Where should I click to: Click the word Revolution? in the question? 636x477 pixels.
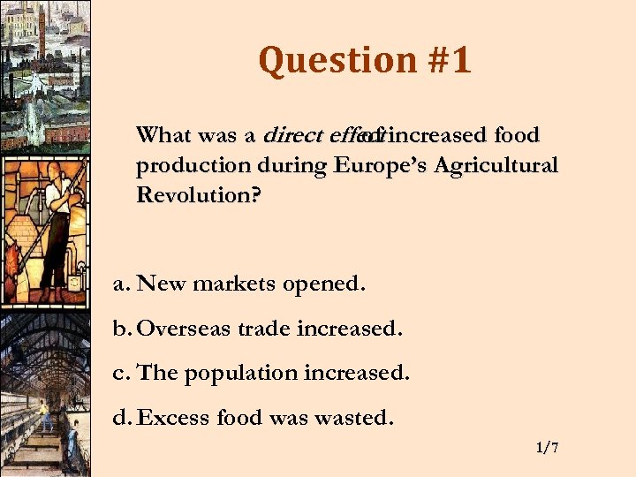point(199,194)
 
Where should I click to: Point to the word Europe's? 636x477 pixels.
point(375,165)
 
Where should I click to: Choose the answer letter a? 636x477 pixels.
point(121,285)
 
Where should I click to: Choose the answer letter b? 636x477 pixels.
point(122,329)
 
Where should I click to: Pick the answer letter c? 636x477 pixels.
point(121,373)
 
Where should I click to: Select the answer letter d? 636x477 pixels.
point(122,417)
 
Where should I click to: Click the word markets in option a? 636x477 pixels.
point(232,285)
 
